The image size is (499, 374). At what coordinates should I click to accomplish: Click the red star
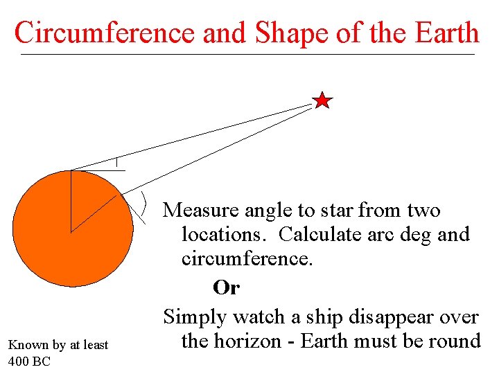322,101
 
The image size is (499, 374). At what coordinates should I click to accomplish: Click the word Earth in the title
443,33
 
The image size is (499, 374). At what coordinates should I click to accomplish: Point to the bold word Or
227,287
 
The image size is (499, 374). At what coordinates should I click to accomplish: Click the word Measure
202,209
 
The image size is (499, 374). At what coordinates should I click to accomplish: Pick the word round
454,341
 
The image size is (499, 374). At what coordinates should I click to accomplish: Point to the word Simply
195,317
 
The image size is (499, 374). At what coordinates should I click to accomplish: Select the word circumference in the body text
247,259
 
